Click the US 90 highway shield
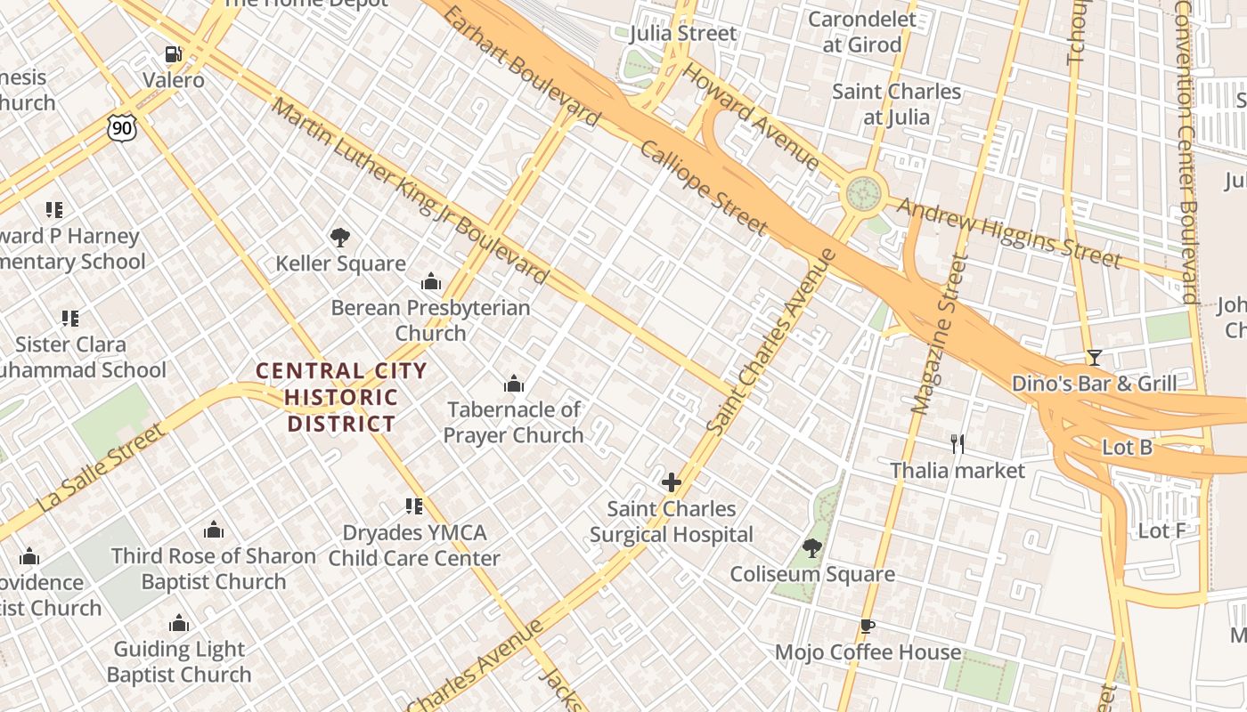coord(122,129)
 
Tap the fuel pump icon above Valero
coord(174,54)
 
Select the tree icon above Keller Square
coord(339,238)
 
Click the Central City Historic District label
coord(341,397)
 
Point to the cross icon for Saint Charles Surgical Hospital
coord(671,482)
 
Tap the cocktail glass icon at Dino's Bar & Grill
coord(1094,358)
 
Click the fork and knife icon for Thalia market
coord(958,443)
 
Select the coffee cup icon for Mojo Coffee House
coord(867,626)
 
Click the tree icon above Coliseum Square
coord(811,547)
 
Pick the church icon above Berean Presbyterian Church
coord(431,282)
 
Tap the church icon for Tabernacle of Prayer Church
coord(514,384)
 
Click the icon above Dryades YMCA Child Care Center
coord(414,506)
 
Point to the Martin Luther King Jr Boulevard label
coord(409,190)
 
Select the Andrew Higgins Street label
coord(1008,233)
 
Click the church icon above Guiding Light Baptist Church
coord(179,623)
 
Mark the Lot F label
coord(1161,531)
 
